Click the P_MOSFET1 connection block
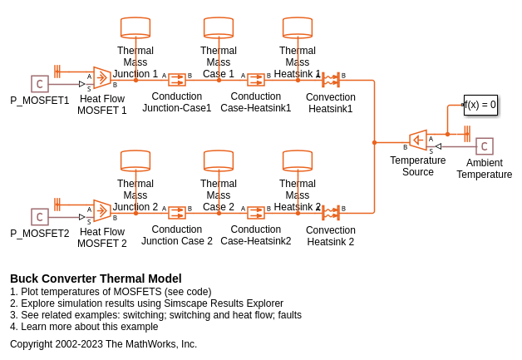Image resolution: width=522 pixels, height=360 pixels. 40,84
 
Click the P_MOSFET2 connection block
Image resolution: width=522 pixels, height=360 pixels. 40,217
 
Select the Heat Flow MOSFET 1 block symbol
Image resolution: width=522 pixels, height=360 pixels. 101,79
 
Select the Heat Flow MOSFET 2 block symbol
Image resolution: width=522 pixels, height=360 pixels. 101,212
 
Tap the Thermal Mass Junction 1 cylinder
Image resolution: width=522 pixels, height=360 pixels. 135,27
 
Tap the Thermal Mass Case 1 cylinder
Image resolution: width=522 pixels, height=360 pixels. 219,27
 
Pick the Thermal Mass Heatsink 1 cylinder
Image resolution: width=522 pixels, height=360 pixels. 298,27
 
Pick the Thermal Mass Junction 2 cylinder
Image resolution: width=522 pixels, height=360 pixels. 135,160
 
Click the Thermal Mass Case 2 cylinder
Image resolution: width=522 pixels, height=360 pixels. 219,160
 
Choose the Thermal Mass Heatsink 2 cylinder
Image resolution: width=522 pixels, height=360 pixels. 298,160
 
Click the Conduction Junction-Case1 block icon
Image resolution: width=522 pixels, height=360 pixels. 176,80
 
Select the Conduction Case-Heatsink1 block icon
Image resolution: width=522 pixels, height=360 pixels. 256,80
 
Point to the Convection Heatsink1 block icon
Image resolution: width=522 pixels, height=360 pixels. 331,80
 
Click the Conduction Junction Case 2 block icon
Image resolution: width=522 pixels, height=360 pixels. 176,213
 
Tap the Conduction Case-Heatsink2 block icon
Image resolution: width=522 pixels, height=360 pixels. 256,213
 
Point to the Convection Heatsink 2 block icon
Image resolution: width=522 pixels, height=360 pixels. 331,213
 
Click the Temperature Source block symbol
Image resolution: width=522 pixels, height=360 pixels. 418,141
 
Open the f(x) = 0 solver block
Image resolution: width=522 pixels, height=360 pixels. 480,105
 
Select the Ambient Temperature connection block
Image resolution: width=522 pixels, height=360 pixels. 485,146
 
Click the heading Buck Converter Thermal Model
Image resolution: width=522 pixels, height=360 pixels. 96,279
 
